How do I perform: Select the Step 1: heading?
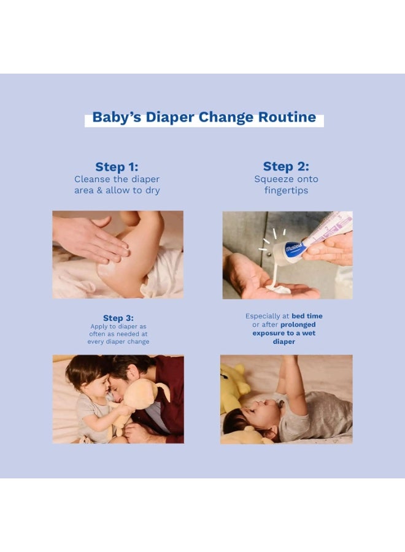click(x=117, y=167)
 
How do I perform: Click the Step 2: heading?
click(x=286, y=167)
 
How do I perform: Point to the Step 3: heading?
click(x=118, y=318)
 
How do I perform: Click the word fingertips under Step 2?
click(x=287, y=191)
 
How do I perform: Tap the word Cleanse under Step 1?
click(x=93, y=179)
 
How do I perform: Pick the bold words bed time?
click(x=307, y=316)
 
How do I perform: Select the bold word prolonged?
click(x=299, y=324)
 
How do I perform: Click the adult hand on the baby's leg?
click(x=92, y=239)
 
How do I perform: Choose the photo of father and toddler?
click(x=118, y=399)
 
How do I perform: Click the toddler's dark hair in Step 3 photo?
click(x=83, y=371)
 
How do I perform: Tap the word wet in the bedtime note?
click(x=305, y=333)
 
